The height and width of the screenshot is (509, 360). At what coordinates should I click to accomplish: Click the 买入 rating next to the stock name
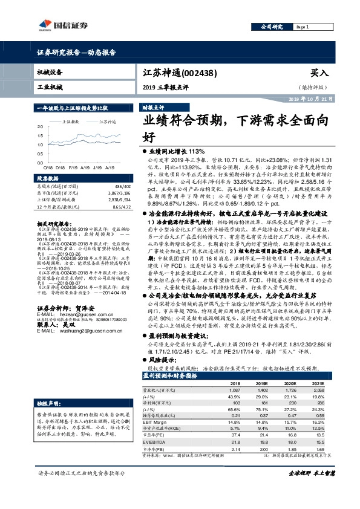319,72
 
